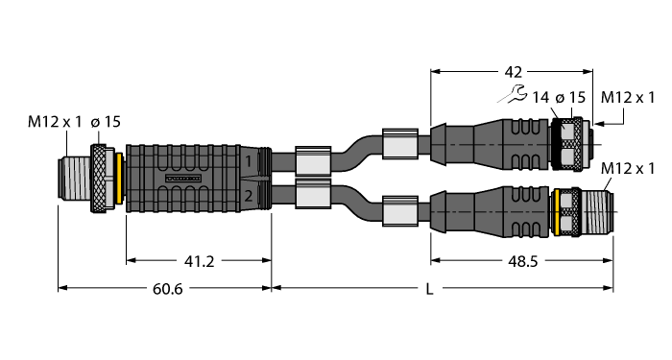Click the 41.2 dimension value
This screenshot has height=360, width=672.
[x=199, y=261]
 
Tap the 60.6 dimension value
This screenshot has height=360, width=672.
[x=168, y=289]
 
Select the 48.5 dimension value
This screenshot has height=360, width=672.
[x=522, y=261]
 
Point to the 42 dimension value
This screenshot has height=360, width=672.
[x=513, y=72]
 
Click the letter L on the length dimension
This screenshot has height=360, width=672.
[x=429, y=289]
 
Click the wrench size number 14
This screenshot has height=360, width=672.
[x=540, y=98]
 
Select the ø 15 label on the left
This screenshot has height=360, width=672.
[x=106, y=122]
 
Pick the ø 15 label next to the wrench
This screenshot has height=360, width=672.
[x=570, y=98]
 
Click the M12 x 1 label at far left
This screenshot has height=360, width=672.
[x=55, y=122]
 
